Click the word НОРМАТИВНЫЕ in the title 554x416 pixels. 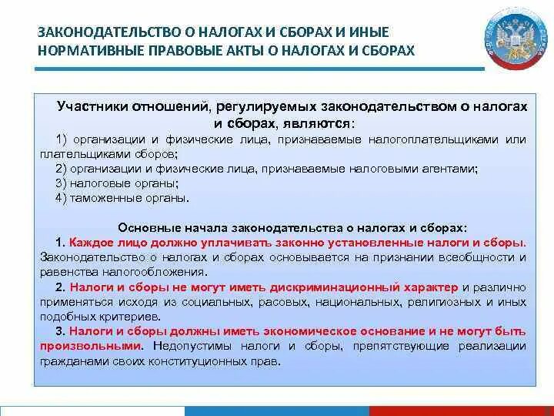[x=87, y=50]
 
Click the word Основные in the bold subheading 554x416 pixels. [x=144, y=228]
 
